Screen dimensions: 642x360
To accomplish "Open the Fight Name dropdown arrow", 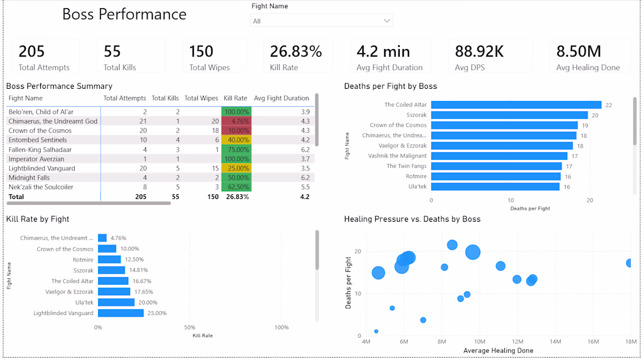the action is click(386, 21).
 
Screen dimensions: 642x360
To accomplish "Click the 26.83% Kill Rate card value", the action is click(296, 51).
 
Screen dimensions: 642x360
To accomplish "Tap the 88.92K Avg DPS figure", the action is click(479, 51).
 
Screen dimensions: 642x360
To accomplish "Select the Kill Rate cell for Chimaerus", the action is click(236, 121).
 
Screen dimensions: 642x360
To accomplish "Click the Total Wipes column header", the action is click(201, 98).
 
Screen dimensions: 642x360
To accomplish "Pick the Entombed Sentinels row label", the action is click(38, 140).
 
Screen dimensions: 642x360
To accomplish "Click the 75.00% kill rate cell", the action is click(236, 149).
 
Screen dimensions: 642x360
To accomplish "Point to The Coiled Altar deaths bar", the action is click(517, 104).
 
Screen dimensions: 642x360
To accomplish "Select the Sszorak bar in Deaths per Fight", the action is click(510, 116).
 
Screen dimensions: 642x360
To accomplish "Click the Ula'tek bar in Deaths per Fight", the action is click(496, 187).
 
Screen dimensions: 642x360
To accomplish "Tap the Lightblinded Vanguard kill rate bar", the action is click(121, 313).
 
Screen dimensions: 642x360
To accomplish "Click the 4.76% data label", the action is click(118, 237).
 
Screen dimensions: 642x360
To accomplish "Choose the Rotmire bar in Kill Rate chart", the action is click(109, 260).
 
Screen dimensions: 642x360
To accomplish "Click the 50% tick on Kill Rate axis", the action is click(190, 327).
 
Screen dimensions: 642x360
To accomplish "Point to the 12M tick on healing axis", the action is click(518, 341).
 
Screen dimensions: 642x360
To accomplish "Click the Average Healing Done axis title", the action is click(498, 351).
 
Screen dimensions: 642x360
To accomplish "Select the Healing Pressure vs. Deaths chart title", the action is click(412, 219).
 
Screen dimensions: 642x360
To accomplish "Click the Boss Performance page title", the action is click(124, 15).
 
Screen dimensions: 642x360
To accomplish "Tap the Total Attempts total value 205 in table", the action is click(141, 197).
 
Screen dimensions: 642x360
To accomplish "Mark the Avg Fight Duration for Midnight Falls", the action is click(305, 177).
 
